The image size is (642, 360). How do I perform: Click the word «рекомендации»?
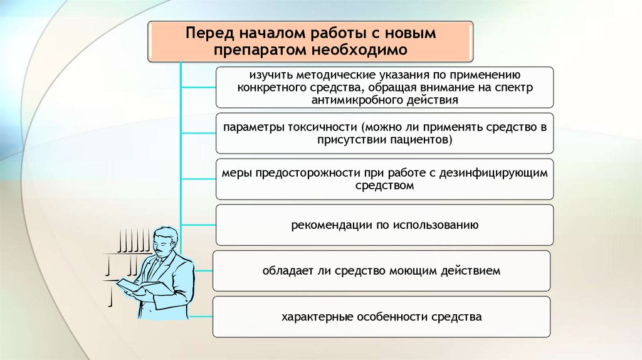coord(329,225)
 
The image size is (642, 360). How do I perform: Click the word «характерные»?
coord(313,317)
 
